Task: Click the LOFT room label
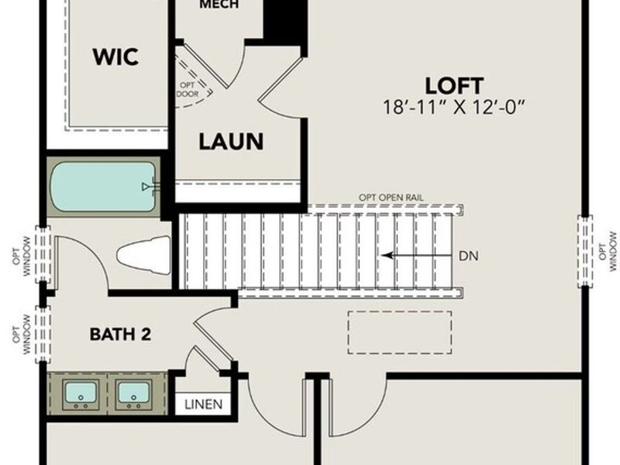454,84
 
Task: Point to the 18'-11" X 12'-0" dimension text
455,107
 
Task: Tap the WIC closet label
115,57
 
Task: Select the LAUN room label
231,142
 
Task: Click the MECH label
219,5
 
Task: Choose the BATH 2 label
120,335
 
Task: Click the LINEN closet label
204,404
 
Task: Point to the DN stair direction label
468,255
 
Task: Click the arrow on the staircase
411,255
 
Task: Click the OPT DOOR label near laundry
188,89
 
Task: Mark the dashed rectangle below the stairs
399,332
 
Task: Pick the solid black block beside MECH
284,19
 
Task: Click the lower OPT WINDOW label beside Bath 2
21,335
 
